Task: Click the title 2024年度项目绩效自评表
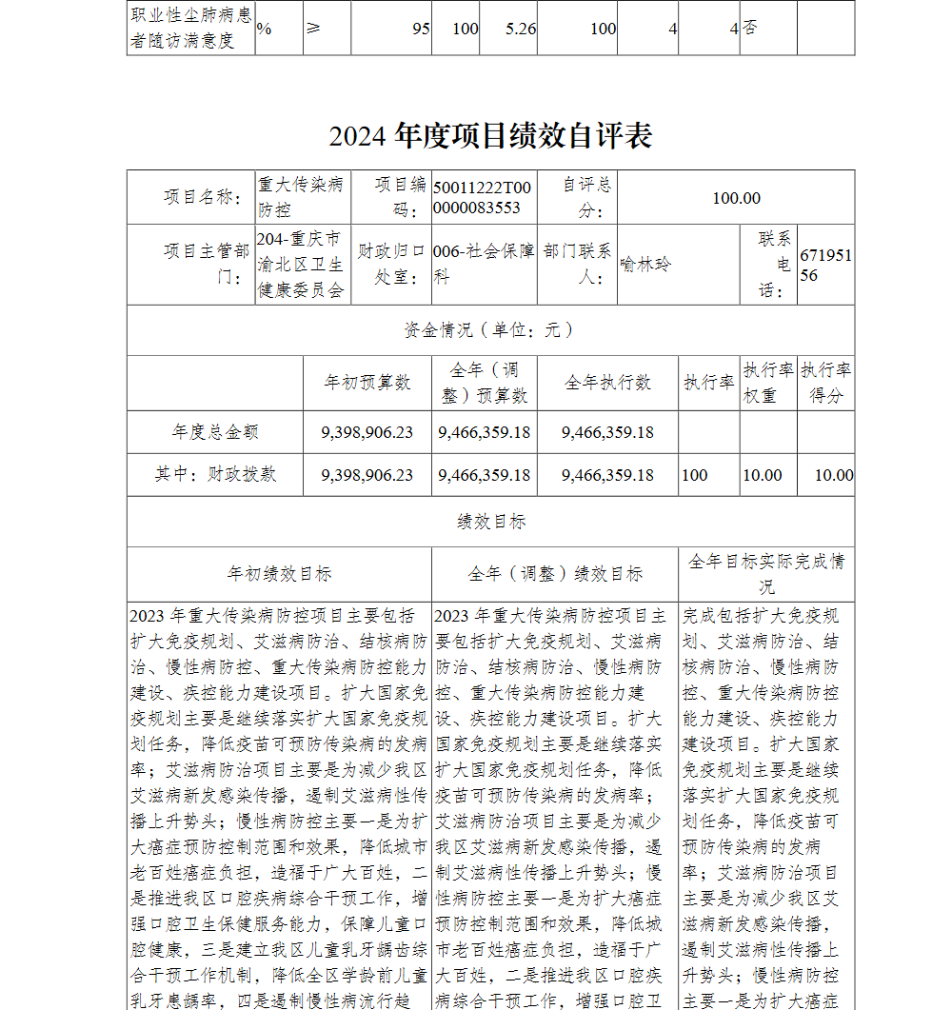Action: [490, 136]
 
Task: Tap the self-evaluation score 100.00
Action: [736, 198]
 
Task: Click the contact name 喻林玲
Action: [645, 264]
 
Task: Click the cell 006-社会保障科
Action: [484, 264]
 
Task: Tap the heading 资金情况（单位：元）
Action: [490, 330]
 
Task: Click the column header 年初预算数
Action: [367, 383]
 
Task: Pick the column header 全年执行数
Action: [607, 383]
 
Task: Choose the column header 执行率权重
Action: [768, 383]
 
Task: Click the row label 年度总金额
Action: [215, 432]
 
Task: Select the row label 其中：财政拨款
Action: [215, 474]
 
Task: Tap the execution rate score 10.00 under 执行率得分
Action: [833, 475]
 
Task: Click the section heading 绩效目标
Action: [490, 522]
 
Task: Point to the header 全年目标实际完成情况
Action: [766, 573]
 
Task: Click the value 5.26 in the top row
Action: [521, 29]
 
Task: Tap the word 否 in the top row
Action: [750, 29]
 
